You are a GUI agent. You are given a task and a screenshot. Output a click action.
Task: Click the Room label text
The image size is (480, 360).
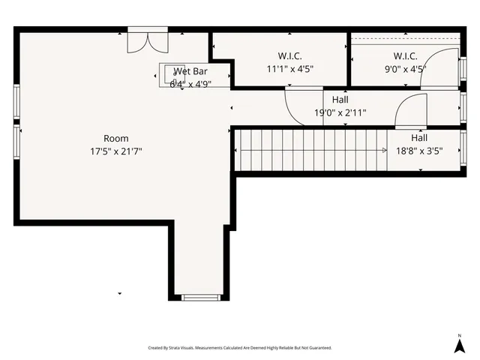point(116,138)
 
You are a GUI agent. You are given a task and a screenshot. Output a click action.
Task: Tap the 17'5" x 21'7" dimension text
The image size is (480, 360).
point(116,151)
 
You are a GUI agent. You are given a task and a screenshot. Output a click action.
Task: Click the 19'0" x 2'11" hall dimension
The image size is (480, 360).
point(340,113)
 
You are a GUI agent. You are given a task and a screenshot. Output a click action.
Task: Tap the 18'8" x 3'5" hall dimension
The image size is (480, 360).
point(419,150)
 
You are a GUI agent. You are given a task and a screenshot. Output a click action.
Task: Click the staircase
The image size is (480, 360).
point(310,150)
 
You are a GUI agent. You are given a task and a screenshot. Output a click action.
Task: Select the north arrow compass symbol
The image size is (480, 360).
point(459,344)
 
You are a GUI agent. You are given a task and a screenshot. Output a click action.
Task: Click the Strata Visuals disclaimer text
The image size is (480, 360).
point(239,348)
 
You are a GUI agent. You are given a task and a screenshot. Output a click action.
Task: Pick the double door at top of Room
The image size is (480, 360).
point(142,41)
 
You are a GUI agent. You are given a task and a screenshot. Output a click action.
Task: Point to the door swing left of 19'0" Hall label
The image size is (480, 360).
point(295,103)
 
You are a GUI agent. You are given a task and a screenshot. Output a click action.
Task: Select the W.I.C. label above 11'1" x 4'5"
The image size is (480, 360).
point(289,56)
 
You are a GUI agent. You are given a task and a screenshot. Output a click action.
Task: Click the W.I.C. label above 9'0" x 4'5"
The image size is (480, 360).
point(405,56)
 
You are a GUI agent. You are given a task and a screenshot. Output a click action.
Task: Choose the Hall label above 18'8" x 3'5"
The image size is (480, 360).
point(419,138)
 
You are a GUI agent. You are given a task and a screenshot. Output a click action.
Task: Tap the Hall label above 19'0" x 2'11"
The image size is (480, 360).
point(340,100)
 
